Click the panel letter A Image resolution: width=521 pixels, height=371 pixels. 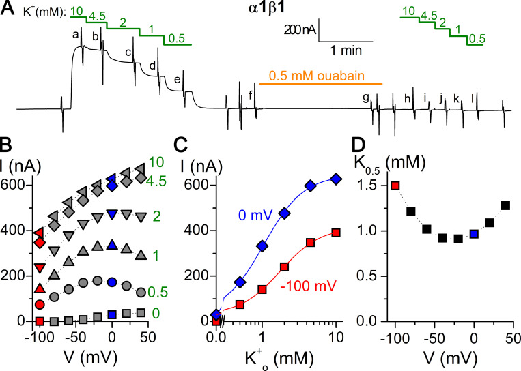tap(8, 8)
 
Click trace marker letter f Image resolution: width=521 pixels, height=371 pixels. tap(251, 95)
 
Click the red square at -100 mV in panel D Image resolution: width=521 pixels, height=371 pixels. tap(395, 185)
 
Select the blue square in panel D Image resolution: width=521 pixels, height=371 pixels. tap(474, 234)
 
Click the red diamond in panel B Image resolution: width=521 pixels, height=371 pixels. tap(40, 243)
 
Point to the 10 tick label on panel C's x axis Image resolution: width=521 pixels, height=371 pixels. tap(335, 339)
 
